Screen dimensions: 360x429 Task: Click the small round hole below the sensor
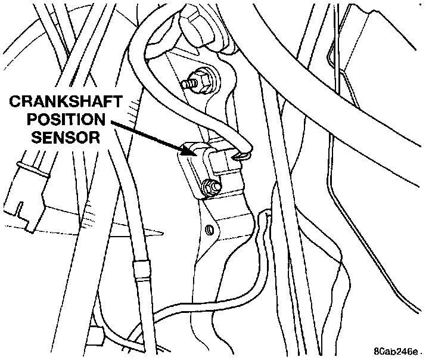click(209, 229)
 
